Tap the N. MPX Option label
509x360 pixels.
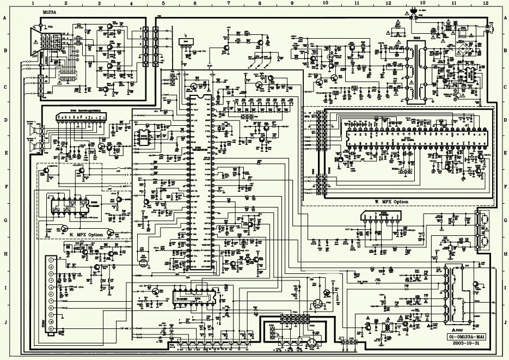(x=87, y=235)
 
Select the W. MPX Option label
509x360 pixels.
(x=391, y=202)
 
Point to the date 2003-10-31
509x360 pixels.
(x=467, y=344)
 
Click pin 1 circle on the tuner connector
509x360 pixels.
(x=52, y=260)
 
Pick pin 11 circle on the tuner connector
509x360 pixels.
(x=52, y=329)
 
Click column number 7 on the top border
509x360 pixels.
(x=228, y=3)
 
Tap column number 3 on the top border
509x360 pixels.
(x=99, y=3)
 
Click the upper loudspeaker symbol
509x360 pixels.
(x=32, y=131)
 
